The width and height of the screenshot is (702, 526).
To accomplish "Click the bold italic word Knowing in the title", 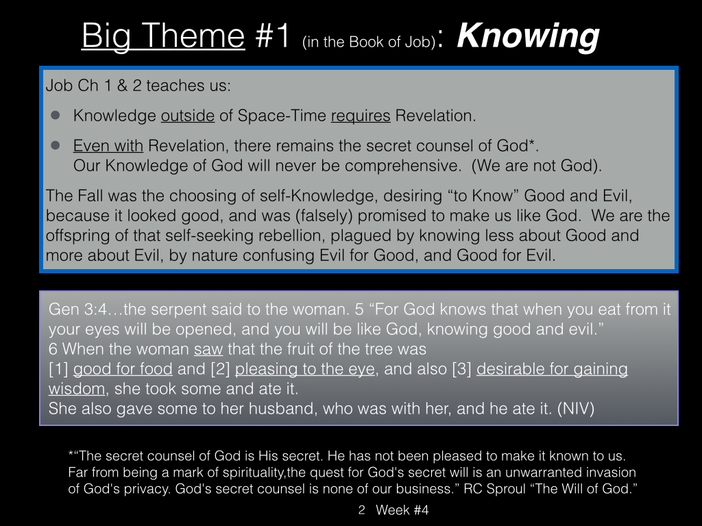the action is [528, 37].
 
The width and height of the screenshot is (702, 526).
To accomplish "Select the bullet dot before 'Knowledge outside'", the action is [56, 115].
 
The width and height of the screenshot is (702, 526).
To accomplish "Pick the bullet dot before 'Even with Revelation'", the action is [56, 145].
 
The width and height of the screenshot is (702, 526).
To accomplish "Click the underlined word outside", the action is [188, 116].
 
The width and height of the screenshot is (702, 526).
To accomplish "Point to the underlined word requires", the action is [361, 116].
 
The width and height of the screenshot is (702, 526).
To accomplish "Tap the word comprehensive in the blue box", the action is [402, 166].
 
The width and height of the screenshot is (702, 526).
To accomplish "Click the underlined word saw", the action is [208, 349].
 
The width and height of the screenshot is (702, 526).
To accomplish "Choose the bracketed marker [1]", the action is [59, 369].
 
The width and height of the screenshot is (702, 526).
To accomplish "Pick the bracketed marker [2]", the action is [220, 369].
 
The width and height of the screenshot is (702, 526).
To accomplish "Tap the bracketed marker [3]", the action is [462, 369].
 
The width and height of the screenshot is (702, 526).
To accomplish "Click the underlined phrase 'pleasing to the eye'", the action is [305, 369].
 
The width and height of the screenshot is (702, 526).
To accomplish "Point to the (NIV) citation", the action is [576, 408].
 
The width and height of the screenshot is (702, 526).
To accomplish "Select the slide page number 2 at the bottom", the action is [362, 510].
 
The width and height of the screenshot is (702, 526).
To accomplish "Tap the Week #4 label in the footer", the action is [402, 510].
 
